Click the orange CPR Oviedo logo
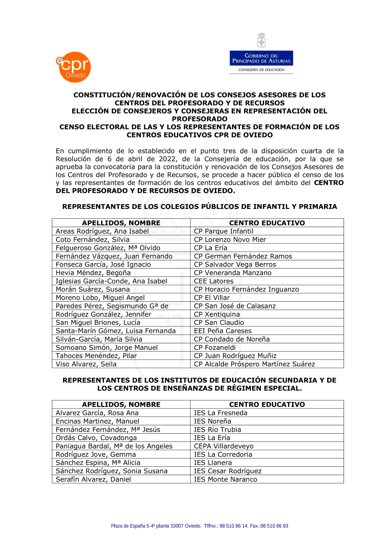[74, 67]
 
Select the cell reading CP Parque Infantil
[223, 231]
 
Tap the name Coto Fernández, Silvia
[92, 239]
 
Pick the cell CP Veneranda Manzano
[232, 272]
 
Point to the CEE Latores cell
[214, 281]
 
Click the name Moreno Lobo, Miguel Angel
[100, 297]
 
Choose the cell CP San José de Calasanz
[235, 306]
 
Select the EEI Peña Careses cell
[223, 331]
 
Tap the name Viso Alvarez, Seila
[86, 364]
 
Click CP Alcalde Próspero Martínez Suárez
[254, 364]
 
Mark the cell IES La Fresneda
[221, 413]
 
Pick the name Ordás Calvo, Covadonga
[96, 438]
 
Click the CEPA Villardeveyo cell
[224, 446]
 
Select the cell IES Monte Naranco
[225, 479]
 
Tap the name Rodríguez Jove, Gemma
[96, 454]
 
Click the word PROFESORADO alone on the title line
[200, 119]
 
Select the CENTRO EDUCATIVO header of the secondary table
[267, 404]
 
